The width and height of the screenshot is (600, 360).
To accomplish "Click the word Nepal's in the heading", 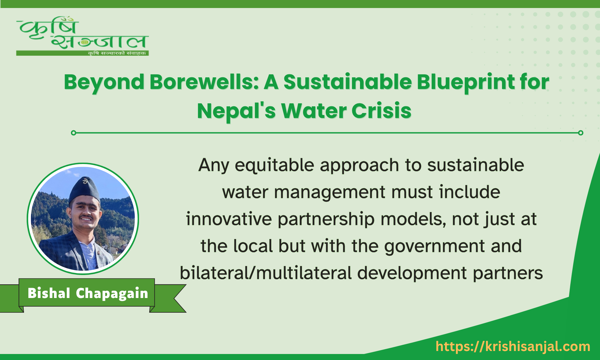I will [x=236, y=111].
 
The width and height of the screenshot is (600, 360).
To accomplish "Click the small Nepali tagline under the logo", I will [x=117, y=53].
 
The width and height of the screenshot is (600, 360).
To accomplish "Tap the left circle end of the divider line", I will [x=74, y=133].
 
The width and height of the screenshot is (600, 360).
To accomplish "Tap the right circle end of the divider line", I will [x=581, y=133].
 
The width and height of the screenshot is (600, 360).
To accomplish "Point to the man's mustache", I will [x=87, y=218].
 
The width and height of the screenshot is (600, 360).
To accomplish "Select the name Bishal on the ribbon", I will [x=49, y=293].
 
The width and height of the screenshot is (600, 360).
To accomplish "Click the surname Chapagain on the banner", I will [x=112, y=293].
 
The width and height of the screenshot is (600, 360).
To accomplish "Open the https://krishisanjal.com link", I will [x=513, y=347].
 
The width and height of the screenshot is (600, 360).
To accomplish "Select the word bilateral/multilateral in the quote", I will [x=266, y=273].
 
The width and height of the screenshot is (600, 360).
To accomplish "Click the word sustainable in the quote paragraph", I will [x=476, y=165].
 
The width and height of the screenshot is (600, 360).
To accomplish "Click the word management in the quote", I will [x=330, y=192].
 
